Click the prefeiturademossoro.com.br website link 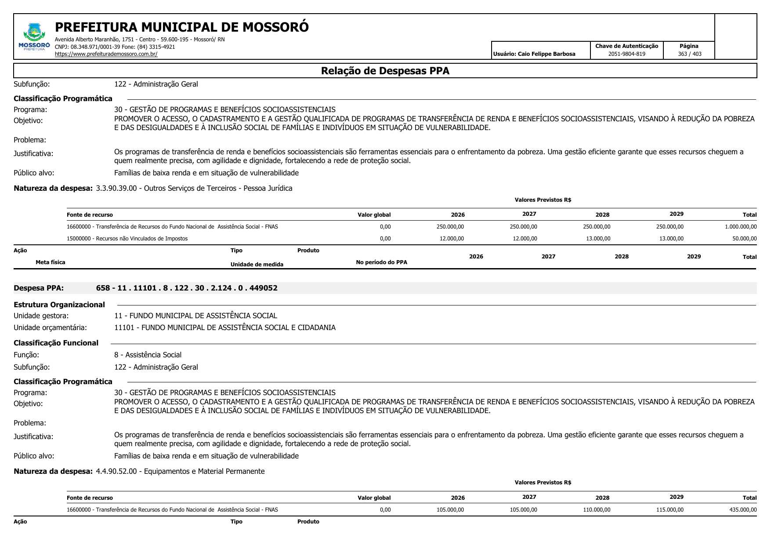(x=106, y=54)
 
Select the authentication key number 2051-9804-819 (x=626, y=54)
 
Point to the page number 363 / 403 (x=689, y=54)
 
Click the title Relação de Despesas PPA (x=385, y=71)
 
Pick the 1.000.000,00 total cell (x=741, y=227)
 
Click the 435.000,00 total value (x=743, y=510)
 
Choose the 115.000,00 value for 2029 (x=670, y=510)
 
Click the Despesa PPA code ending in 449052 (x=187, y=288)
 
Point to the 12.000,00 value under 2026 (x=452, y=239)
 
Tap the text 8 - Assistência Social (x=148, y=355)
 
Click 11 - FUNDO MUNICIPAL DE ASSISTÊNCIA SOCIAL (x=195, y=316)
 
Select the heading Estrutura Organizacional (x=59, y=305)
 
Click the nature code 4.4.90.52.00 (x=116, y=471)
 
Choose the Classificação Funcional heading (x=56, y=343)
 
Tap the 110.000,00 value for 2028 (x=597, y=510)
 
